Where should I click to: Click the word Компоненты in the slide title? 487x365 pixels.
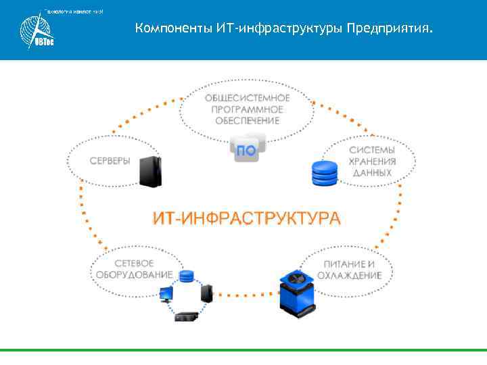[x=174, y=29]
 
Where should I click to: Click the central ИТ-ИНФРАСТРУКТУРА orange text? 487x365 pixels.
[x=246, y=218]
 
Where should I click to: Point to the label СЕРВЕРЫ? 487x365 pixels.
[x=110, y=161]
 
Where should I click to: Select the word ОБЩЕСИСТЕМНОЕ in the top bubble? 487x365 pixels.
[x=247, y=98]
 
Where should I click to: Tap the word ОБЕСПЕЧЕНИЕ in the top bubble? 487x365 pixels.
[x=247, y=120]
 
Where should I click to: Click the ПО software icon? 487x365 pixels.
[x=248, y=149]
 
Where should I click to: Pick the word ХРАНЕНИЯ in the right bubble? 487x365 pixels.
[x=372, y=161]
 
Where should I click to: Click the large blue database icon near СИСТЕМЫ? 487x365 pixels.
[x=324, y=172]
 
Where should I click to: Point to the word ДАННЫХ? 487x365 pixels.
[x=372, y=172]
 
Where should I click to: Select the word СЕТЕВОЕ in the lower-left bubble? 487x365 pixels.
[x=135, y=264]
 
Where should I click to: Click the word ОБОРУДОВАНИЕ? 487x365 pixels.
[x=134, y=275]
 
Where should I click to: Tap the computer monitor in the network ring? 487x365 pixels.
[x=165, y=293]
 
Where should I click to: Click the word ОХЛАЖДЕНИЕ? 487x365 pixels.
[x=349, y=275]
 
